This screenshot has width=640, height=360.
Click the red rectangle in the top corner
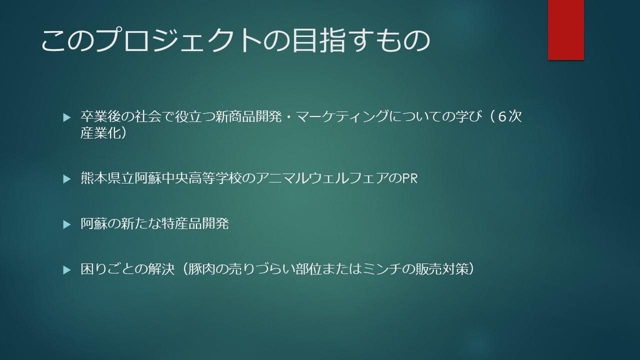coord(565,29)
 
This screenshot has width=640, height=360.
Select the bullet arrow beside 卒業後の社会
coord(67,117)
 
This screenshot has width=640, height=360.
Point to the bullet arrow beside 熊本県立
coord(67,179)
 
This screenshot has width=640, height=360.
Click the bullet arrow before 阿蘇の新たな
coord(67,224)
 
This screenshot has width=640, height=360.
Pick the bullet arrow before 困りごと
coord(67,270)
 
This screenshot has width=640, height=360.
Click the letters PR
coord(410,178)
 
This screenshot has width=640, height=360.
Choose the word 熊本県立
coord(107,178)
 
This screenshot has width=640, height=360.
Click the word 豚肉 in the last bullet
coord(201,269)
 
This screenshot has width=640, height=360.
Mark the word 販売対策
coord(442,269)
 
